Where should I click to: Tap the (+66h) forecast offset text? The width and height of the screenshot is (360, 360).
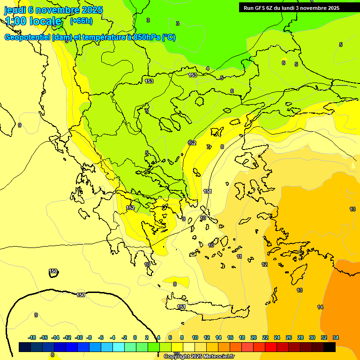pos(81,21)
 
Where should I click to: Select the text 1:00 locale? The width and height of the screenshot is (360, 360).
pos(33,21)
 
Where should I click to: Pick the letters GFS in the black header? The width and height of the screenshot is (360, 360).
pos(259,8)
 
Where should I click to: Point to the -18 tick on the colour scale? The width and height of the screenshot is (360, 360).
pos(32,337)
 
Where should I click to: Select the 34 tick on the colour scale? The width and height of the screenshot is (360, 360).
pos(336,337)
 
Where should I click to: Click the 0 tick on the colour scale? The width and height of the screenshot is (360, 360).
pos(135,337)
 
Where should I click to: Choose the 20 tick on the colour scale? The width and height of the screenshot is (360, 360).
pos(254,337)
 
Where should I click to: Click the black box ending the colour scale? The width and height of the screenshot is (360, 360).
pos(330,347)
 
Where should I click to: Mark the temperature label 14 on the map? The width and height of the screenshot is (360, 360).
pos(320,307)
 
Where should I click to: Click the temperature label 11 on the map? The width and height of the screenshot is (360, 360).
pos(240,256)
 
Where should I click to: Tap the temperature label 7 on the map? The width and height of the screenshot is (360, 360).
pos(208,147)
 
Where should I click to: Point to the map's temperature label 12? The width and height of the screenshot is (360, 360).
pos(264,264)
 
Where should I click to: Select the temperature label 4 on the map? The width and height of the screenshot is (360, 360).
pos(208,68)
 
